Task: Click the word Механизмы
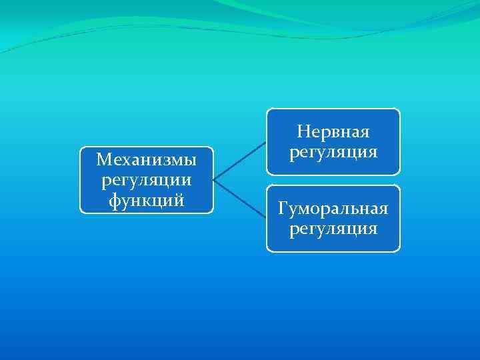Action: (x=146, y=160)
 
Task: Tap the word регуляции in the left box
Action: (x=146, y=179)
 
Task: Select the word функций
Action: (x=146, y=199)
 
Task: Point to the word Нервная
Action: (x=333, y=131)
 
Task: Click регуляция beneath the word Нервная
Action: (x=333, y=151)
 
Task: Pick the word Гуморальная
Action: (x=333, y=210)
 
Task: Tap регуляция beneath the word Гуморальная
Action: (x=333, y=229)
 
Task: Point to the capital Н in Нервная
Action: (x=302, y=131)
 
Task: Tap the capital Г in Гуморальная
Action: (x=283, y=210)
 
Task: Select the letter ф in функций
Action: (x=113, y=199)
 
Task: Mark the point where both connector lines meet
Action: (x=214, y=179)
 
